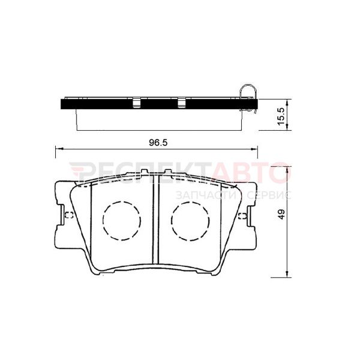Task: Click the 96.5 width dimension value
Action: (x=158, y=143)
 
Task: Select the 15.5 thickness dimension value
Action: (x=281, y=116)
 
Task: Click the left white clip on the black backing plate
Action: (x=137, y=103)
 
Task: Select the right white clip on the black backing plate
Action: (x=181, y=103)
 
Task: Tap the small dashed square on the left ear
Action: (x=69, y=215)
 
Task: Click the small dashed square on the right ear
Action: (x=242, y=216)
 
